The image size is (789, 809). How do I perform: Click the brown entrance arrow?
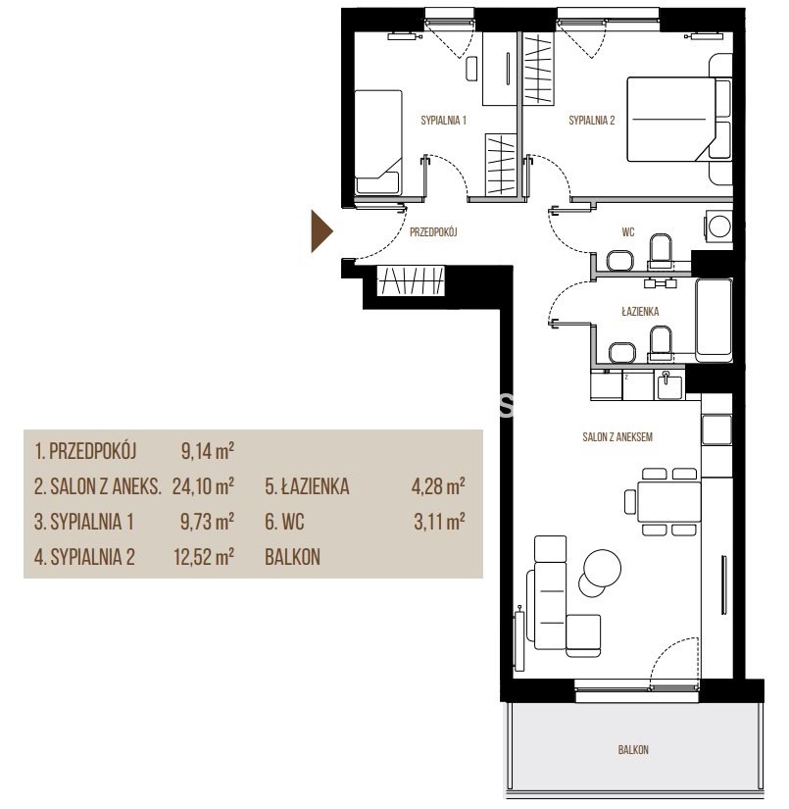321,231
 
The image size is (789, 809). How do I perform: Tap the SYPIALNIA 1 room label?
443,121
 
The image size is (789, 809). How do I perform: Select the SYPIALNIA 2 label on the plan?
591,121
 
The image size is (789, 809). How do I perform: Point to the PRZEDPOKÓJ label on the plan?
433,232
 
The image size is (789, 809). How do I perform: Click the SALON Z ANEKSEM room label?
617,437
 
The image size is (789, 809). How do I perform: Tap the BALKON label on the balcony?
633,749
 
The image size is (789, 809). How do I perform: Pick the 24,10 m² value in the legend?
203,486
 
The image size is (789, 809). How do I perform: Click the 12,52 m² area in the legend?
204,557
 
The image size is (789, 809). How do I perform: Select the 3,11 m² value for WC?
439,522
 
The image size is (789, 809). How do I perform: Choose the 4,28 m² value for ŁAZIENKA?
438,486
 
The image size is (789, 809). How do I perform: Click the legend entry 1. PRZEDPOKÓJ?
85,451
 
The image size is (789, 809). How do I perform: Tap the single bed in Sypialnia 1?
378,142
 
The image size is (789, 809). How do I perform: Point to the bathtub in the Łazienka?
714,320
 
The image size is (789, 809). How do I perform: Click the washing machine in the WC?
718,226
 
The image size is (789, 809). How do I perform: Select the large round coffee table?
601,567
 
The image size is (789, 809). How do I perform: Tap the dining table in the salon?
668,501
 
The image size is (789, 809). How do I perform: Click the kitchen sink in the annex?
669,386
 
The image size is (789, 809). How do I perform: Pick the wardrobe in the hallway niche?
411,280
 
